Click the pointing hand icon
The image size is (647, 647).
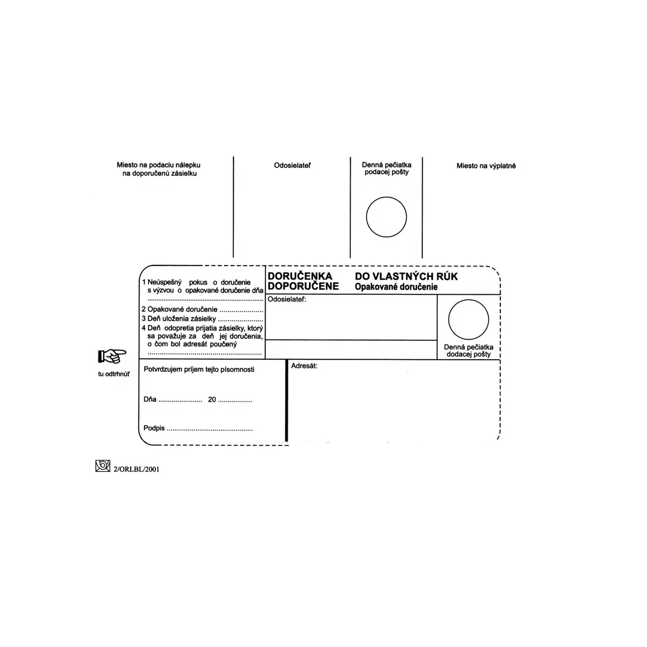[x=112, y=356]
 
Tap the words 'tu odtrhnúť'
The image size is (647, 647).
[x=114, y=374]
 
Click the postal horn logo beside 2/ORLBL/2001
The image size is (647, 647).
[x=103, y=466]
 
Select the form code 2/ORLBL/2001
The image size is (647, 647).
[x=136, y=469]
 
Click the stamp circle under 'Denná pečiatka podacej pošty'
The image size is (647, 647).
[x=386, y=217]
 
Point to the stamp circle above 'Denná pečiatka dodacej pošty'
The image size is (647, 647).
[x=468, y=320]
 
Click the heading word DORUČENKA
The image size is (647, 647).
[x=300, y=276]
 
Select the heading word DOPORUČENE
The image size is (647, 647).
[x=303, y=286]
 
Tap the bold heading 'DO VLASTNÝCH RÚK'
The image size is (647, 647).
[x=406, y=276]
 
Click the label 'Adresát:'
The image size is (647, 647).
[x=304, y=366]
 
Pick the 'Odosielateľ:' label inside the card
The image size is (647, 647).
[x=287, y=299]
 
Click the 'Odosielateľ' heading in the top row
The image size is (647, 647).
[x=292, y=165]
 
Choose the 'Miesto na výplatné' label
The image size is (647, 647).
[x=486, y=166]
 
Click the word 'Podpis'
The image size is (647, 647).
[x=154, y=428]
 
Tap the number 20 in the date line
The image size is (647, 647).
[x=212, y=400]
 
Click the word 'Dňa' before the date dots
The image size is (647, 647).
[x=150, y=399]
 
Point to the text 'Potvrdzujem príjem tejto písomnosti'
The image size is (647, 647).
[x=199, y=369]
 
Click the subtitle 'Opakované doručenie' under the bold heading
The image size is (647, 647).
[x=396, y=287]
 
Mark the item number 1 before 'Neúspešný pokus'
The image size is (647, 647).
[x=144, y=282]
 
